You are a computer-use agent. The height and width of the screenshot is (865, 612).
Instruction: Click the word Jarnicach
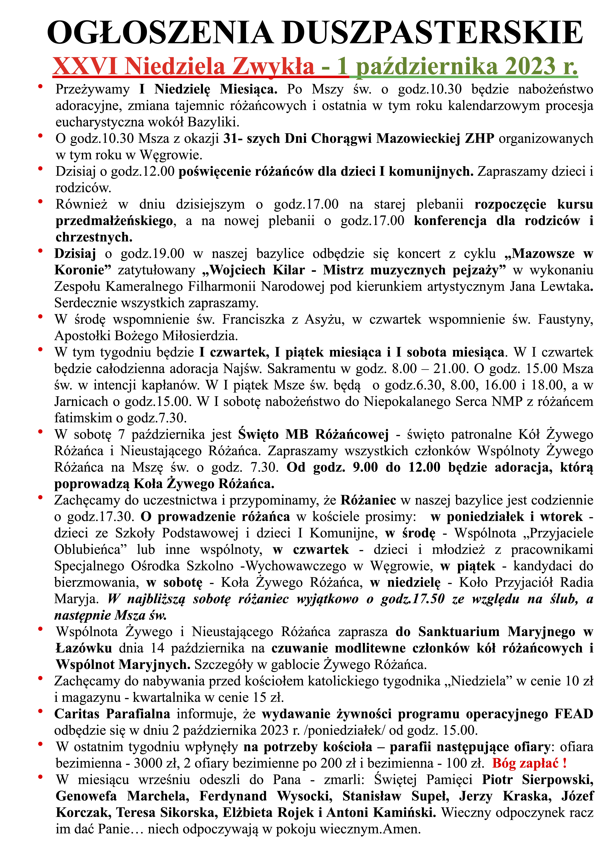81,402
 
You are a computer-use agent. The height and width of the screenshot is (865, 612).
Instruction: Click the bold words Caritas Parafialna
112,714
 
